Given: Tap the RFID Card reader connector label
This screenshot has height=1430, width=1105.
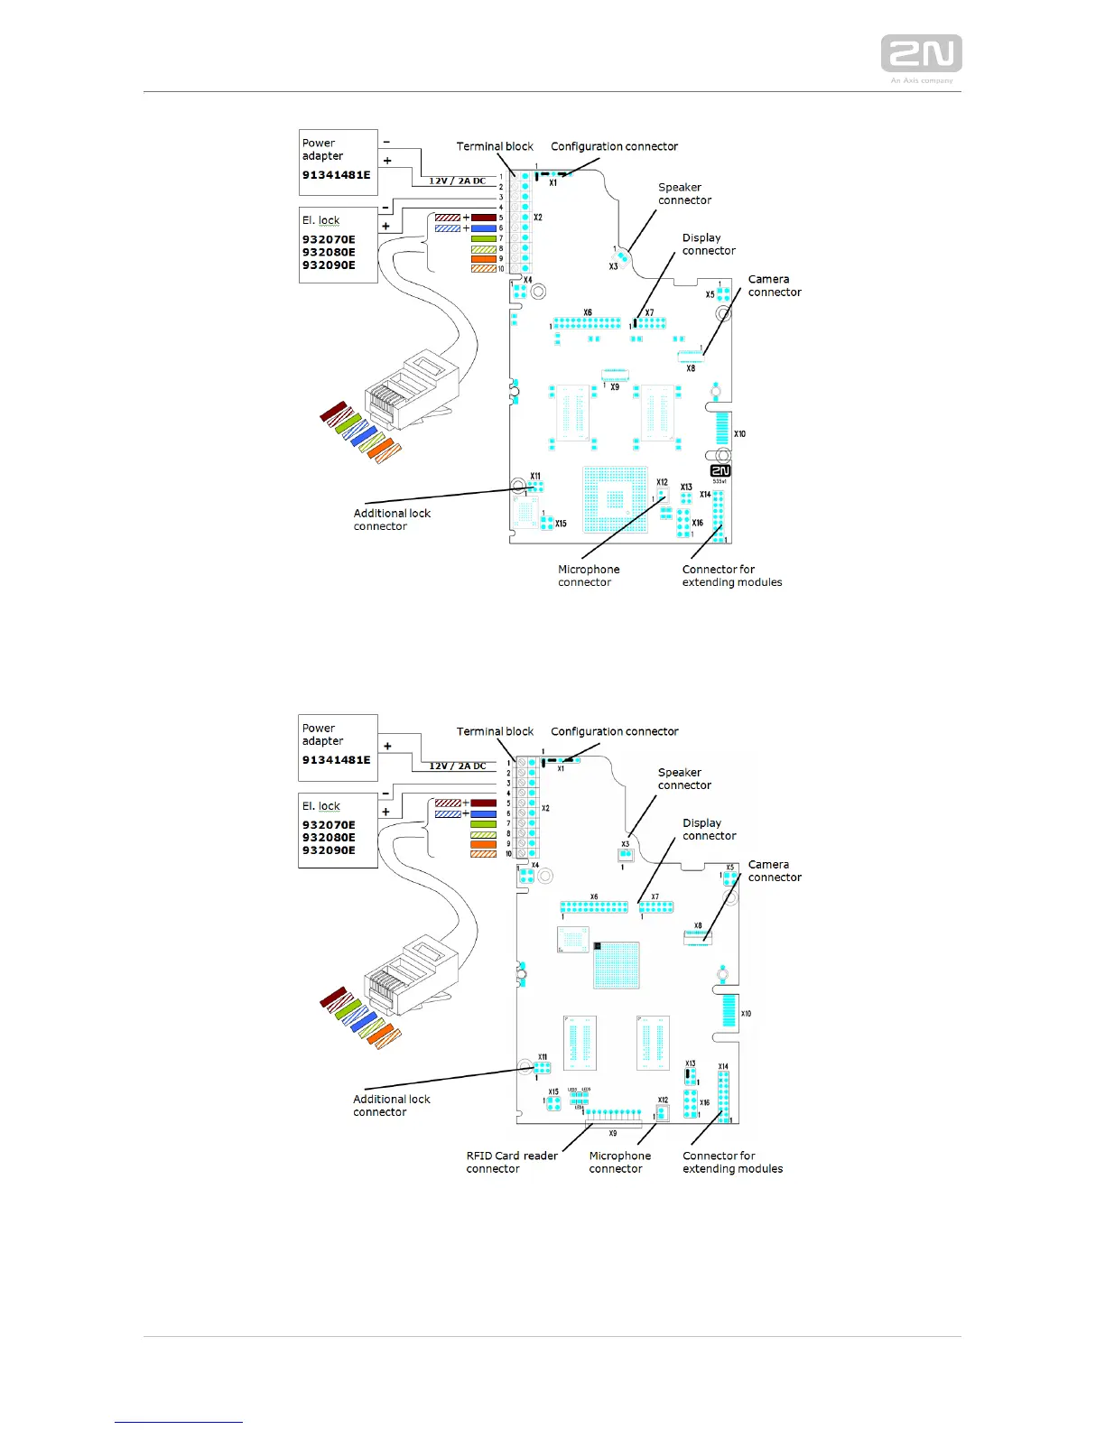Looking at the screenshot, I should (x=511, y=1162).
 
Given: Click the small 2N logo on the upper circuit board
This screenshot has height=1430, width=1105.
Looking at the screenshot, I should (x=720, y=470).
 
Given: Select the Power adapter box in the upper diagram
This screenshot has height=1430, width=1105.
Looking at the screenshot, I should (x=338, y=162).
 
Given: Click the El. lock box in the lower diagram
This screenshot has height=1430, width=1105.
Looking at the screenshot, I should (x=338, y=831).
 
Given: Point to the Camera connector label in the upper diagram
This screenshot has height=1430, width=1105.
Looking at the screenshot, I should (x=774, y=286).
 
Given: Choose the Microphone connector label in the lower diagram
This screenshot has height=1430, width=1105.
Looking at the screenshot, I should (x=619, y=1162).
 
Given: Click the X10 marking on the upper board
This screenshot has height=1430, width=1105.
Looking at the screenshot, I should (x=739, y=434).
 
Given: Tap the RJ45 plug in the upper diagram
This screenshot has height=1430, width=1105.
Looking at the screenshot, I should (x=411, y=390).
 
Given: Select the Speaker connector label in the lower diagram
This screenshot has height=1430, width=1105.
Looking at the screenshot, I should (x=684, y=779).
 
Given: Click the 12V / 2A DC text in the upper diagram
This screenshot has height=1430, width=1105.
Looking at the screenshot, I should (x=457, y=181).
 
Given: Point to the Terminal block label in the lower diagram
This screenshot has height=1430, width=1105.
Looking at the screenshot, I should (x=495, y=732).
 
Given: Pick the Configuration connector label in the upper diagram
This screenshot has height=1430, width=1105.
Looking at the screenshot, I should (x=614, y=146).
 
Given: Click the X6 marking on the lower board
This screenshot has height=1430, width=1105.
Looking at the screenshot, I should (x=594, y=897).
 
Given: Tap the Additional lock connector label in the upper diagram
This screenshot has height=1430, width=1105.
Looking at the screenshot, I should (x=392, y=520).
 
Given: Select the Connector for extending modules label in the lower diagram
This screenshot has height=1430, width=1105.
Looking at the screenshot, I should (x=732, y=1162).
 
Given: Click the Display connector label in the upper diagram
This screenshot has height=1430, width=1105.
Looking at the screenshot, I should (x=708, y=245).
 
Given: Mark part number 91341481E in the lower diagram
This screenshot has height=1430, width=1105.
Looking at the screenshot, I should (x=336, y=760).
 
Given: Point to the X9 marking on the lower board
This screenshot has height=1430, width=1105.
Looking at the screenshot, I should (x=613, y=1133).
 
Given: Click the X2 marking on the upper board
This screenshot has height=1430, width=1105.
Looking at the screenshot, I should (x=538, y=218).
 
